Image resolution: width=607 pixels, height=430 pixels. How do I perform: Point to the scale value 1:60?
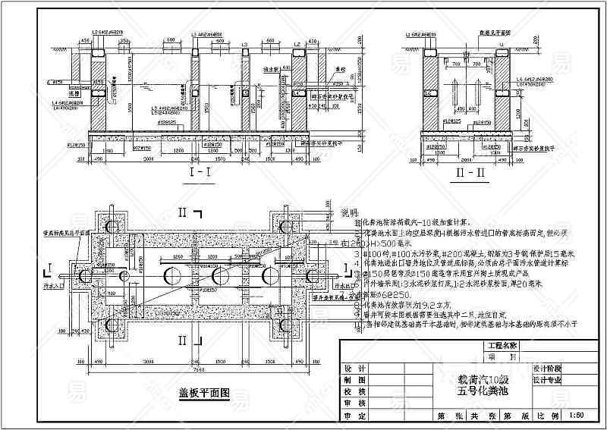pos(576,416)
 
